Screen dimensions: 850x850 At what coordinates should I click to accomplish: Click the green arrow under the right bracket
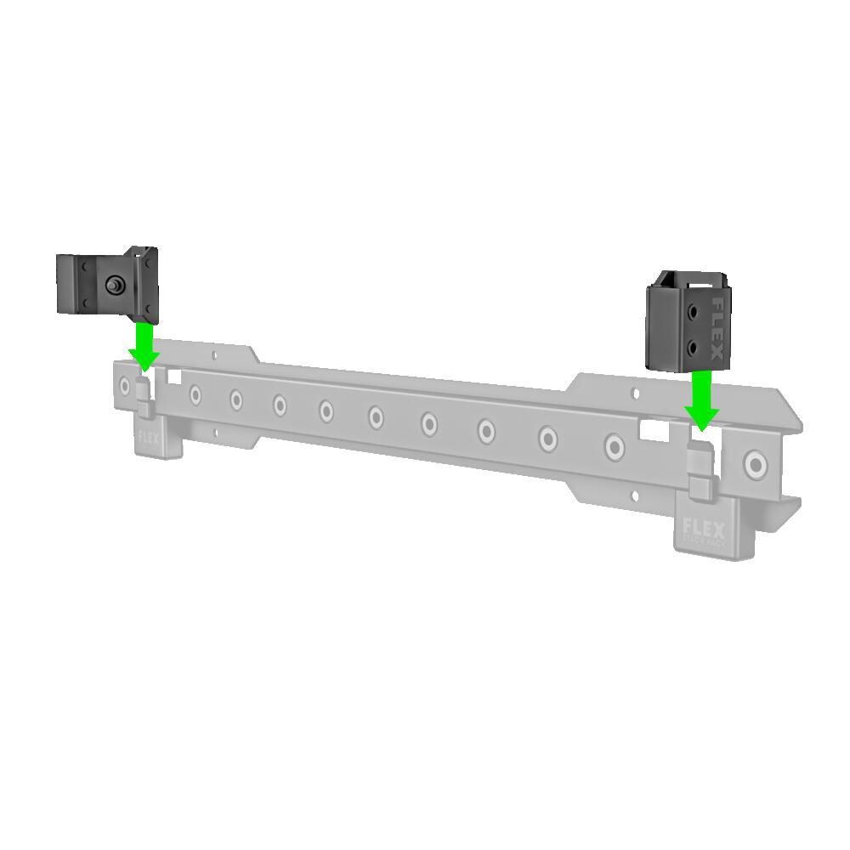pos(701,400)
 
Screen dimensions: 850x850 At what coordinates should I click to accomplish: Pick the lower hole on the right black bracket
pos(693,346)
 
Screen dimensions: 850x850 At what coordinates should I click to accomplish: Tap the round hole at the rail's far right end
pos(754,463)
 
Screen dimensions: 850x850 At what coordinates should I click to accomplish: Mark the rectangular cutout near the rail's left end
pos(177,375)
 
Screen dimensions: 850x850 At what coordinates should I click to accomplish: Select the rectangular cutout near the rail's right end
pos(652,433)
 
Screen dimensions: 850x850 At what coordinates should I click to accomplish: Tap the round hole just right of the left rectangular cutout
pos(196,394)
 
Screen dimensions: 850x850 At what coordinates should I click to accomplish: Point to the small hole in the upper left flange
pos(214,355)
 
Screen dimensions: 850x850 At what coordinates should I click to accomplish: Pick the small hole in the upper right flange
pos(630,393)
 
